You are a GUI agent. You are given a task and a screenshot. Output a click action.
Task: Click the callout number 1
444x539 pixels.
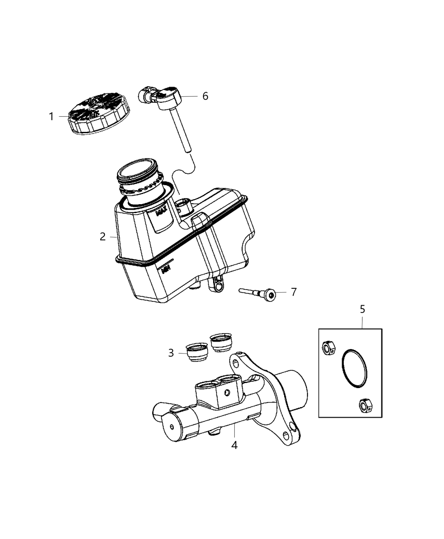coord(51,116)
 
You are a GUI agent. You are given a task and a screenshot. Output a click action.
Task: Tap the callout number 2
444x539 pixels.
coord(103,237)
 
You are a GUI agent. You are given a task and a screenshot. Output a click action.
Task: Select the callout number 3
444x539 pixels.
coord(171,353)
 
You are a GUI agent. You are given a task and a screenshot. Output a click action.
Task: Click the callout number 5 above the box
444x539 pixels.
coord(362,309)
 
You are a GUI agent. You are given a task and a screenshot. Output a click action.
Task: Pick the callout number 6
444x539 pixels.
coord(205,96)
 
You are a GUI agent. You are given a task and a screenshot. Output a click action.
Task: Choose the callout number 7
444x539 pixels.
coord(293,292)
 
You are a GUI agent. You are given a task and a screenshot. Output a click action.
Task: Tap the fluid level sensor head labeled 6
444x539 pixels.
coord(169,96)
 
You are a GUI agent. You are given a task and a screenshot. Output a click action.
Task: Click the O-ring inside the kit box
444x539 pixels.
coord(354,368)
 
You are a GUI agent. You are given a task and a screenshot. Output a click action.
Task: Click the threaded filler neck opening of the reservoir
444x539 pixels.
coord(137,170)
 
